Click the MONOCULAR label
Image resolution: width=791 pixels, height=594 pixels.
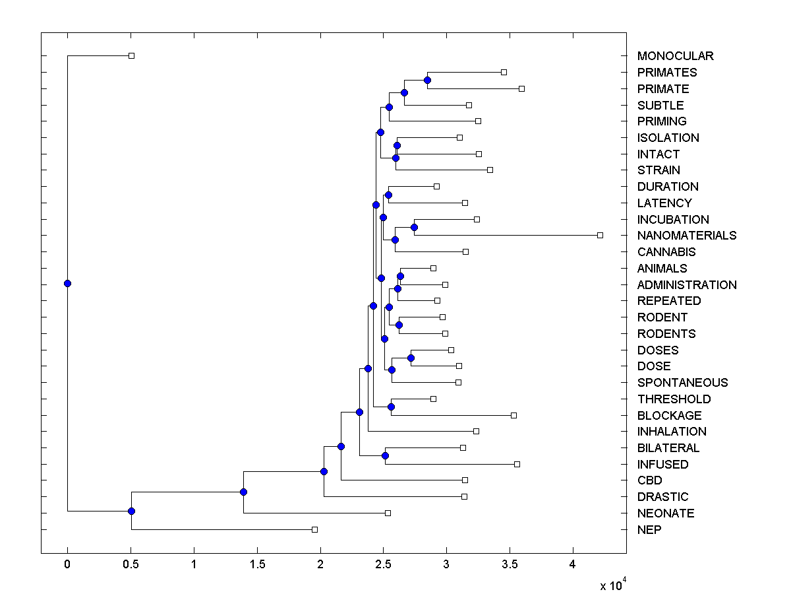click(675, 56)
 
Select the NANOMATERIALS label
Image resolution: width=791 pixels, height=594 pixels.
click(687, 236)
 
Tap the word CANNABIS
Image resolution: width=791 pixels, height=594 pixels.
click(666, 252)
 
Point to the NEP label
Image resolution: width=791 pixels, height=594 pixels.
click(649, 530)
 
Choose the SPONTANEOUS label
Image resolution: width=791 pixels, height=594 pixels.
click(682, 383)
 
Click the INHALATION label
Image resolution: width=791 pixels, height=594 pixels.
click(672, 432)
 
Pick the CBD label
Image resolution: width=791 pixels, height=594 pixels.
click(649, 480)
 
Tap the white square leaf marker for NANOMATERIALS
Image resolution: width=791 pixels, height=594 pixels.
click(600, 235)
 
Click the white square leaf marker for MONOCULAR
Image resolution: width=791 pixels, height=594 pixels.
click(131, 55)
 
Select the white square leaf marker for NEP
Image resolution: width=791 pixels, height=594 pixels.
click(314, 529)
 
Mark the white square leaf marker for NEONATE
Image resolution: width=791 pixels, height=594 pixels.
click(388, 513)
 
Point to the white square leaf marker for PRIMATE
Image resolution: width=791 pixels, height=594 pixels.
click(521, 88)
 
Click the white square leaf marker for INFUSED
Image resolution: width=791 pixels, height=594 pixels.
click(517, 464)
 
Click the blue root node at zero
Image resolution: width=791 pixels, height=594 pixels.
click(67, 283)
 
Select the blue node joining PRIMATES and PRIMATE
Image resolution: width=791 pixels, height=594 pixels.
click(427, 80)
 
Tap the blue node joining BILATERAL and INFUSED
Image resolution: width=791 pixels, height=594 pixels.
click(385, 455)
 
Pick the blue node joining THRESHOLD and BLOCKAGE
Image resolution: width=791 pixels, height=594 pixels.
click(391, 407)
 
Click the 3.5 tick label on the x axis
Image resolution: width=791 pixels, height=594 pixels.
click(510, 565)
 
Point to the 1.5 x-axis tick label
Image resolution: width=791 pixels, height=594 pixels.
click(256, 565)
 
